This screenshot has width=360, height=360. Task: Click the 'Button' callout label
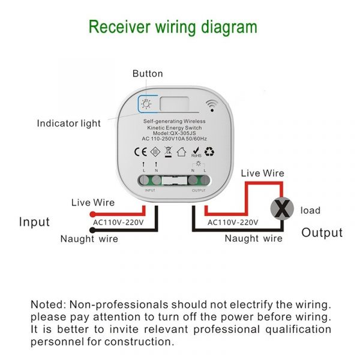coord(147,74)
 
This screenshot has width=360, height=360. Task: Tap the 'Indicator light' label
coord(69,124)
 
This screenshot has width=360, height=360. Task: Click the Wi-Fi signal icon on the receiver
coord(211,106)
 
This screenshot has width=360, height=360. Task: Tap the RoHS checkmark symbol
coord(195,150)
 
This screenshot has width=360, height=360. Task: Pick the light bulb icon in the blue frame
coord(146,103)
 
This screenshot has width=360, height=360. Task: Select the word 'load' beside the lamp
coord(310,211)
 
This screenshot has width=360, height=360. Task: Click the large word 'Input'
coord(34,222)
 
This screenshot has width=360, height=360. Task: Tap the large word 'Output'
coord(322,233)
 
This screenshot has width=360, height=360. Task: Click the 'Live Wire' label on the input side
coord(92,203)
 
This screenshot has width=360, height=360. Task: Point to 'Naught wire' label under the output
coord(253,238)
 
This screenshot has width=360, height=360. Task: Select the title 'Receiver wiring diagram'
coord(173,27)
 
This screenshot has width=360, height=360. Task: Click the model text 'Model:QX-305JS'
coord(174,133)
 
